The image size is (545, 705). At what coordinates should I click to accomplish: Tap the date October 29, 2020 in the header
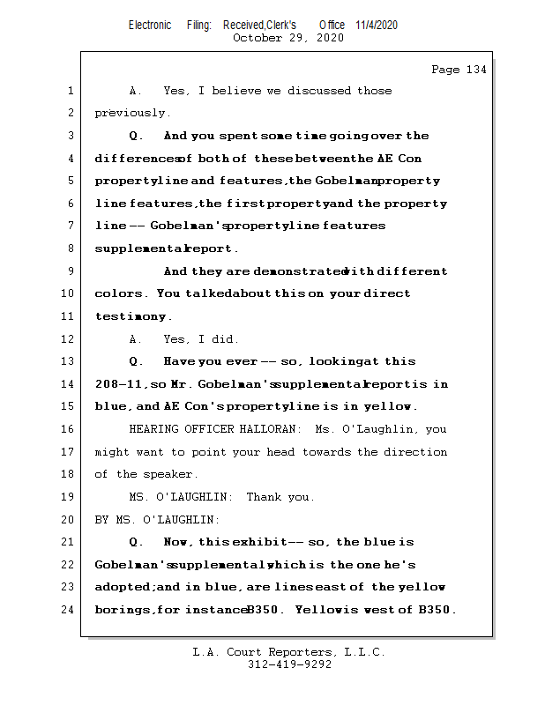pos(287,38)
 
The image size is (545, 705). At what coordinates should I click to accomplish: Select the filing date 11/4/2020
pos(377,25)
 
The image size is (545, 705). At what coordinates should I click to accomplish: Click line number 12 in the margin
pos(69,339)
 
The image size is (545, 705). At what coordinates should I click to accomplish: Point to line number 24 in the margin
pos(69,610)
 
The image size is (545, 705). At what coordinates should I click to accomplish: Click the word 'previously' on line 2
pos(130,114)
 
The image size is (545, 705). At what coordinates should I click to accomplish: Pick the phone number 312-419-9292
pos(288,664)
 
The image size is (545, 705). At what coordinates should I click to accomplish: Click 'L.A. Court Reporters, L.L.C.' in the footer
pos(288,652)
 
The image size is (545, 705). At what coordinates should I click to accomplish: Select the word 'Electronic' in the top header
pos(150,25)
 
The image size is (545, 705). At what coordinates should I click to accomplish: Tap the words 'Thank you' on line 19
pos(280,497)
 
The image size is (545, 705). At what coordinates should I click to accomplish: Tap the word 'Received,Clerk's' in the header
pos(259,25)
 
